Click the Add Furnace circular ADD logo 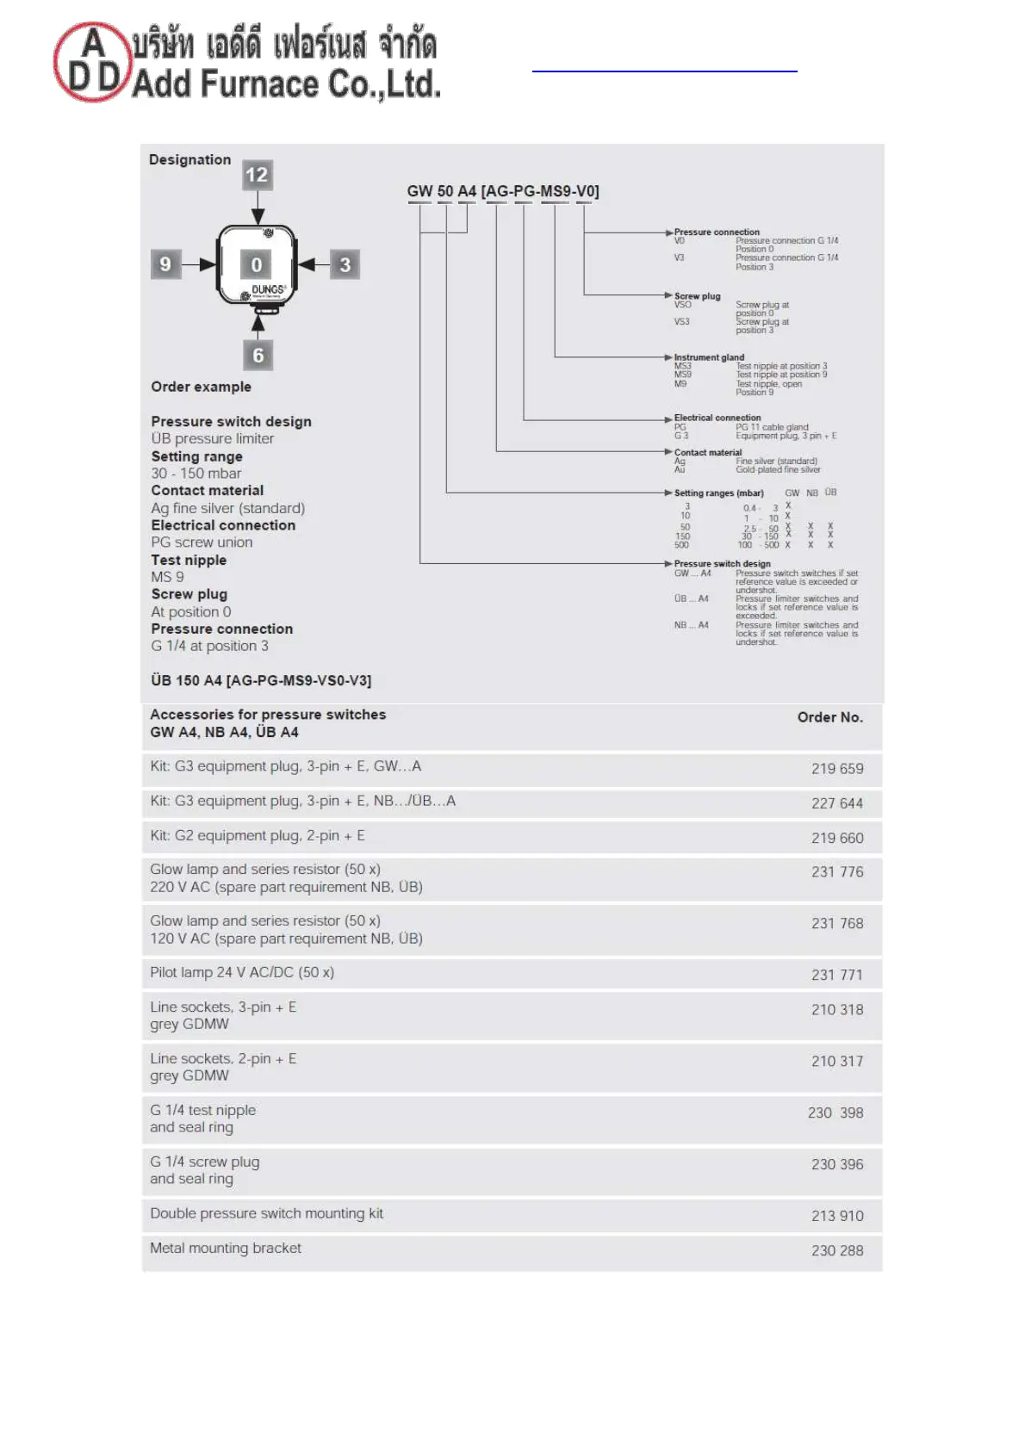coord(92,62)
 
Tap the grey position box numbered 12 coord(257,176)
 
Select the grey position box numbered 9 coord(165,264)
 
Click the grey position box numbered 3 coord(345,265)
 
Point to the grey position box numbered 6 coord(258,355)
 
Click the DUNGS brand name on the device coord(267,290)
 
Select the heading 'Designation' coord(189,160)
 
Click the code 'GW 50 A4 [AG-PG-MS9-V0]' coord(503,191)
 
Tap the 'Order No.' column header coord(829,717)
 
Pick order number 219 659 coord(836,769)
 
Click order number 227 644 coord(836,803)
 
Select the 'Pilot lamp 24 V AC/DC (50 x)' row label coord(242,972)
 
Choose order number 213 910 coord(836,1216)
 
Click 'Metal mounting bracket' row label coord(226,1248)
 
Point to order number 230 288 coord(836,1250)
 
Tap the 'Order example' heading coord(201,387)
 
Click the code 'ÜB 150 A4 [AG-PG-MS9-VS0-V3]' coord(261,680)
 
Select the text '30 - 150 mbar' coord(196,474)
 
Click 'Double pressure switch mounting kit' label coord(266,1213)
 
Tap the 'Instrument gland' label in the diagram coord(709,357)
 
